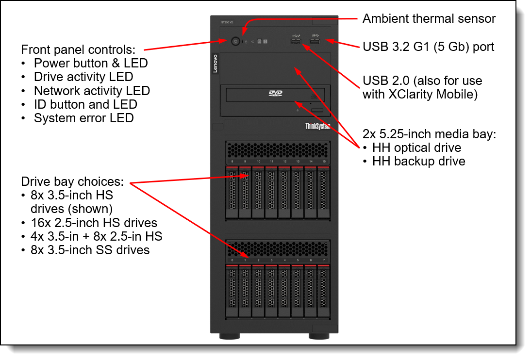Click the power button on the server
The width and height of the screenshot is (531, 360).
tap(236, 42)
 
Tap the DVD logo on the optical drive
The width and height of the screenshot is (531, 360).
tap(275, 93)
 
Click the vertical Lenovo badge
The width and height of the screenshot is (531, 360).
tap(215, 64)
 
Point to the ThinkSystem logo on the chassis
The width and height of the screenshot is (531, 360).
tap(317, 126)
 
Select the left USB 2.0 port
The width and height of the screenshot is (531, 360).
tap(296, 42)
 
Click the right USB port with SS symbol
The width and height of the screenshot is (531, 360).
tap(315, 42)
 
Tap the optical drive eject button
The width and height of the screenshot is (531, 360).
tap(317, 110)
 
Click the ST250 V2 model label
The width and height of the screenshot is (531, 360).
tap(227, 22)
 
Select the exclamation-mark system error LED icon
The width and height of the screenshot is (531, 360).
tap(265, 41)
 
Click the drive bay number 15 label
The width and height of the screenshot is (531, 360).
tap(324, 162)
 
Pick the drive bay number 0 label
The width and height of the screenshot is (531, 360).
tap(232, 260)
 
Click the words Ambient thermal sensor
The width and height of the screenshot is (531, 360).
tap(429, 18)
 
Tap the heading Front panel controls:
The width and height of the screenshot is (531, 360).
tap(78, 50)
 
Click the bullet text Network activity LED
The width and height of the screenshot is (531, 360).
tap(92, 91)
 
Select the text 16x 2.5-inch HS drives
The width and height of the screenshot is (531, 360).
tap(94, 223)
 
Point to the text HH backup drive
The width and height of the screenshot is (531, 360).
tap(419, 161)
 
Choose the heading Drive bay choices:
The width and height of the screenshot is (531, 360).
tap(72, 181)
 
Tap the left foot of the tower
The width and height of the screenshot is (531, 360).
tap(230, 336)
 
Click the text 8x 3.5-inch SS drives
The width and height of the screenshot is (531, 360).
tap(90, 250)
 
